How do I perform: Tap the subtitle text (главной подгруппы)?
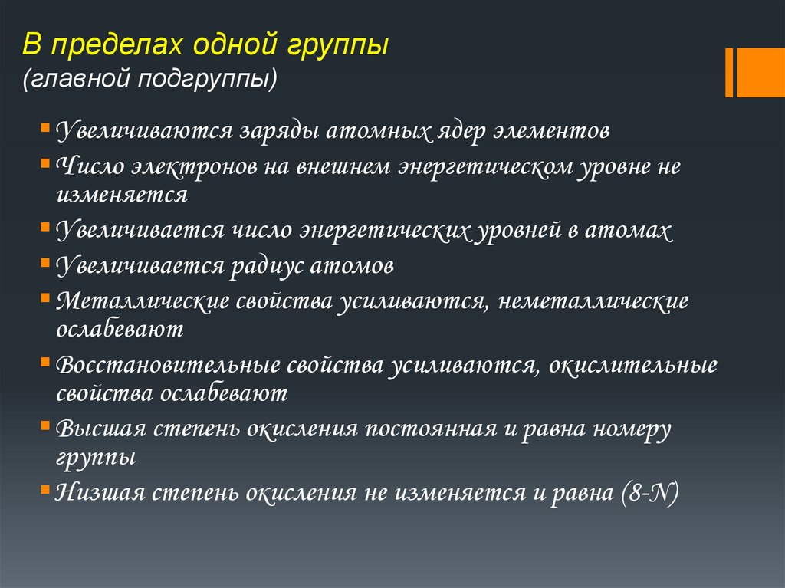click(x=150, y=80)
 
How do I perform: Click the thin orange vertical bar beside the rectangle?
click(x=729, y=72)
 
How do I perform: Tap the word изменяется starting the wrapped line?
click(x=121, y=194)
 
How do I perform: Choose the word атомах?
click(x=634, y=231)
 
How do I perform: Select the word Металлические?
click(x=143, y=301)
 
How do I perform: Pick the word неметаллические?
click(x=593, y=301)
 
